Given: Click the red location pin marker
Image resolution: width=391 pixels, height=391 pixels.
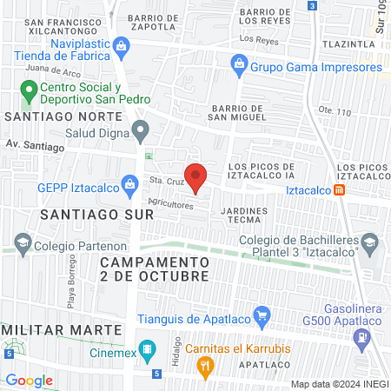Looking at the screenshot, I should coord(196,176).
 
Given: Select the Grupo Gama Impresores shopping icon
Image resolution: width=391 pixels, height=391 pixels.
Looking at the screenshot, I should coord(238,63).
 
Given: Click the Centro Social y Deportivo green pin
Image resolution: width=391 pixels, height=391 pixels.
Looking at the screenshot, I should coord(29,89).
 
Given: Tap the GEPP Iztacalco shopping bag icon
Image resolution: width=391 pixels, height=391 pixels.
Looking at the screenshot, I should coord(129,183).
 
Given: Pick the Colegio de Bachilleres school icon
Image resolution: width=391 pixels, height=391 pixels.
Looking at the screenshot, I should coord(368,241).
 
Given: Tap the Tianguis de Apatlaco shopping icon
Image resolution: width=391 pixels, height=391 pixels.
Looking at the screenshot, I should coord(260,315).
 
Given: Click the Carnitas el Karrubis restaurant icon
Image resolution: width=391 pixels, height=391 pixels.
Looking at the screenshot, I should coord(205,368).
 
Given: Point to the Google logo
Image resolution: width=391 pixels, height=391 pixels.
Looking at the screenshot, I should coord(29,380).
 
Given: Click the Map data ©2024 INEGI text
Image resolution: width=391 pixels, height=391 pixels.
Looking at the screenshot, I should coord(339,383).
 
